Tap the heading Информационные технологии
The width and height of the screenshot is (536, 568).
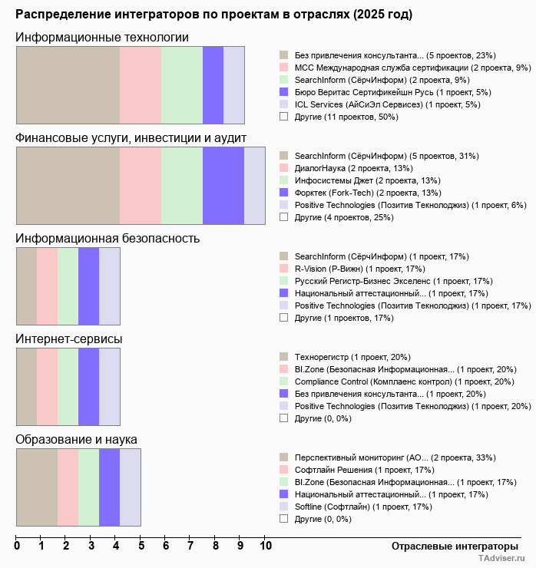102,38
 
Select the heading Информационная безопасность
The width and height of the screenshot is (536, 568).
108,238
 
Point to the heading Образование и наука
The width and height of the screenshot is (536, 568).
77,440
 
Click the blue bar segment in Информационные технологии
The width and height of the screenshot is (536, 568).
213,84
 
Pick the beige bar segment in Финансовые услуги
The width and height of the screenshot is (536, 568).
68,186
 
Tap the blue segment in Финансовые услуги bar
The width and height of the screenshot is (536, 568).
223,186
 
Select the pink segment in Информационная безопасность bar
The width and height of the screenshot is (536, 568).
47,286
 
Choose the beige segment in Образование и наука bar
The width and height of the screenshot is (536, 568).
37,487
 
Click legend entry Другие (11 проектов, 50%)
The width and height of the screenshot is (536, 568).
346,117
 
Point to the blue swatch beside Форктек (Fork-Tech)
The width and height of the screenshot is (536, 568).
284,193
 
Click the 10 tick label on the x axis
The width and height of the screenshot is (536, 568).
265,547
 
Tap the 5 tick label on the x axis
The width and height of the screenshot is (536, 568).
141,547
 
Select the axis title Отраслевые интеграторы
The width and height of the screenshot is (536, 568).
450,546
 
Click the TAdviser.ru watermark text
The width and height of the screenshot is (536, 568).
501,559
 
